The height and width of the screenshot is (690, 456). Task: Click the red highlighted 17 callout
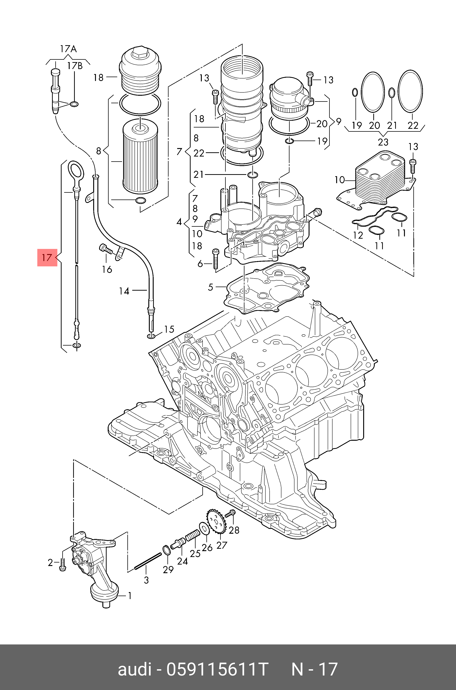click(47, 258)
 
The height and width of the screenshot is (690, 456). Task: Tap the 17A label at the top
click(68, 49)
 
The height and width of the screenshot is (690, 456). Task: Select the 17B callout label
click(75, 66)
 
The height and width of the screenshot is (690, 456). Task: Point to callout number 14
click(124, 291)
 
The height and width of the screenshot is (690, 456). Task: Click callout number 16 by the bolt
click(107, 269)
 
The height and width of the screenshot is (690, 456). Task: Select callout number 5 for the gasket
click(211, 287)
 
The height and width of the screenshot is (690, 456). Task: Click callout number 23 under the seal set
click(383, 142)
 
